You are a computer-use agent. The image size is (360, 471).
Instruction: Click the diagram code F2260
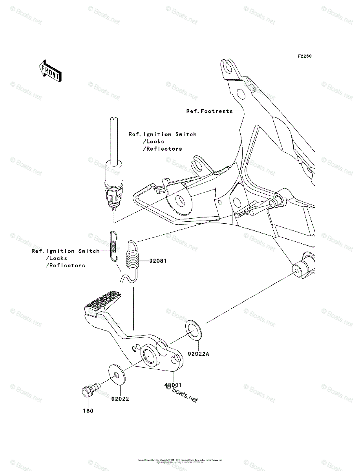tap(304, 56)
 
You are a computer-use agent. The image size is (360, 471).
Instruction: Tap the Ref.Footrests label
tap(209, 111)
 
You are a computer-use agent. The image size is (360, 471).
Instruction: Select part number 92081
tap(158, 260)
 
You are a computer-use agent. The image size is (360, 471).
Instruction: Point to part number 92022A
tap(199, 354)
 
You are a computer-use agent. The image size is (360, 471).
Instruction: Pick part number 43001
tap(172, 385)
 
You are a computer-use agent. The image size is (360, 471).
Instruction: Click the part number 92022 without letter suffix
tap(120, 399)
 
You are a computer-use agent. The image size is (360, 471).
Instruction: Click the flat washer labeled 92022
tap(117, 374)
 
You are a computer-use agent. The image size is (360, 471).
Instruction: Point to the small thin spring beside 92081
tap(113, 246)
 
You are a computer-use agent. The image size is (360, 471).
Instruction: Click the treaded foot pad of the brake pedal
tap(101, 302)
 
